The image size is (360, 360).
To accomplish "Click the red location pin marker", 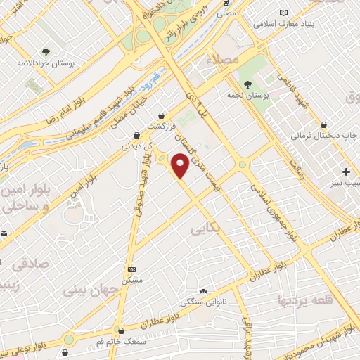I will point(181,166).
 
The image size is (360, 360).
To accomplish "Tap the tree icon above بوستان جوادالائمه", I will point(46,51).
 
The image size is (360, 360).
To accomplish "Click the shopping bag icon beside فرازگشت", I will point(163,115).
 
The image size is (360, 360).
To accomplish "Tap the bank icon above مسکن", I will point(131,269).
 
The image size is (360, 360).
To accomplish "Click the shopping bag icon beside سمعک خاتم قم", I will point(122,330).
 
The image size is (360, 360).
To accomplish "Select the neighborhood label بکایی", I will point(202,230).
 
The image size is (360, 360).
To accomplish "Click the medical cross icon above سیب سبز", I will point(346,172).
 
